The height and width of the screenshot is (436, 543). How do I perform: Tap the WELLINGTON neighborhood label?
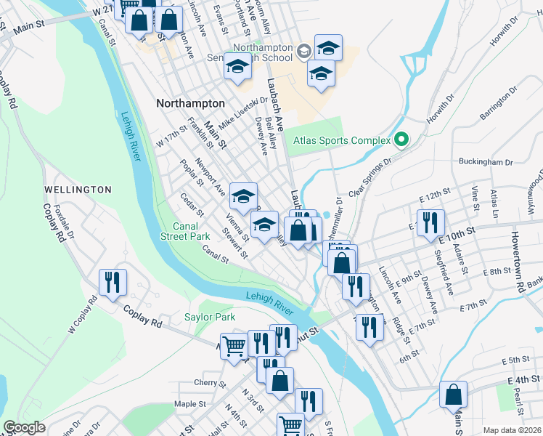pyautogui.click(x=78, y=190)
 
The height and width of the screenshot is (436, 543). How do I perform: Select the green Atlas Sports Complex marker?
pyautogui.click(x=399, y=140)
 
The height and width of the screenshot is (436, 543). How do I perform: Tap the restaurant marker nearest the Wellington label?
pyautogui.click(x=113, y=282)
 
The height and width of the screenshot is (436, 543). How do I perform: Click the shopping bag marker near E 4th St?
pyautogui.click(x=454, y=395)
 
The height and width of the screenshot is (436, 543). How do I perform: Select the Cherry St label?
pyautogui.click(x=205, y=383)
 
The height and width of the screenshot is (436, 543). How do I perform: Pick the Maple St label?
pyautogui.click(x=187, y=404)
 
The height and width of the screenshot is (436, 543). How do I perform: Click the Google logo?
pyautogui.click(x=24, y=427)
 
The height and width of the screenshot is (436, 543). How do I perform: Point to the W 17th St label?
pyautogui.click(x=171, y=136)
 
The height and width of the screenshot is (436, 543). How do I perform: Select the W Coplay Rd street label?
pyautogui.click(x=82, y=314)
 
